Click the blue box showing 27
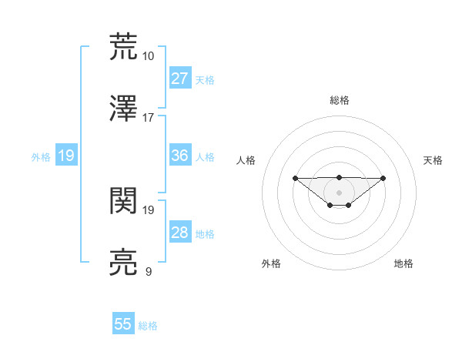pyautogui.click(x=179, y=79)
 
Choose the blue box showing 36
pyautogui.click(x=179, y=156)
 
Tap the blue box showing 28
pyautogui.click(x=179, y=233)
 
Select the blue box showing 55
pyautogui.click(x=123, y=324)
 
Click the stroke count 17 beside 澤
pyautogui.click(x=149, y=117)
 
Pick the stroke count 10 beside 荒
pyautogui.click(x=149, y=56)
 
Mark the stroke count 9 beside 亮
pyautogui.click(x=149, y=272)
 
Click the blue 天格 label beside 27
pyautogui.click(x=205, y=79)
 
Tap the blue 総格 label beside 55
pyautogui.click(x=148, y=326)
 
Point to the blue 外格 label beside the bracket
pyautogui.click(x=41, y=156)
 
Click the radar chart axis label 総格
pyautogui.click(x=340, y=100)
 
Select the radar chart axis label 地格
pyautogui.click(x=403, y=263)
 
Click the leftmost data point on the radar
pyautogui.click(x=296, y=178)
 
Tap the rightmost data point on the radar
pyautogui.click(x=383, y=178)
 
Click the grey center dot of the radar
pyautogui.click(x=340, y=192)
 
